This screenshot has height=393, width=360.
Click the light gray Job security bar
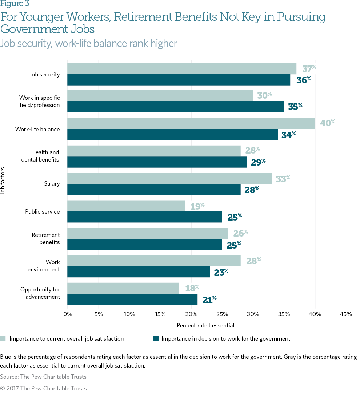182,69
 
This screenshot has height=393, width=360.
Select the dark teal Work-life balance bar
173,134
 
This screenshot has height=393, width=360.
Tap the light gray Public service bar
126,206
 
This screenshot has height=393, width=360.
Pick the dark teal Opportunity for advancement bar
132,299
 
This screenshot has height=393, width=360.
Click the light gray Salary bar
169,178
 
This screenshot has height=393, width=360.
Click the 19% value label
197,206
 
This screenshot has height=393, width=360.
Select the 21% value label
209,299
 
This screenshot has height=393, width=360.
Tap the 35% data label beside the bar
295,107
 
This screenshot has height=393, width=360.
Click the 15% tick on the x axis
160,314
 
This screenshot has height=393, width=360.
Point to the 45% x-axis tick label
345,314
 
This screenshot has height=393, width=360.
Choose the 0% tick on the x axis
68,314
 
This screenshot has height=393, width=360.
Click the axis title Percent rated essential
205,325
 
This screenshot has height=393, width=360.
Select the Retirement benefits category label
45,238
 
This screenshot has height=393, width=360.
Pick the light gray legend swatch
3,338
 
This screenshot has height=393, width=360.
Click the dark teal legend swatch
156,338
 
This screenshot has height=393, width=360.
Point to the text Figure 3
15,4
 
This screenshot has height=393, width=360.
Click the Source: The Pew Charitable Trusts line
43,377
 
